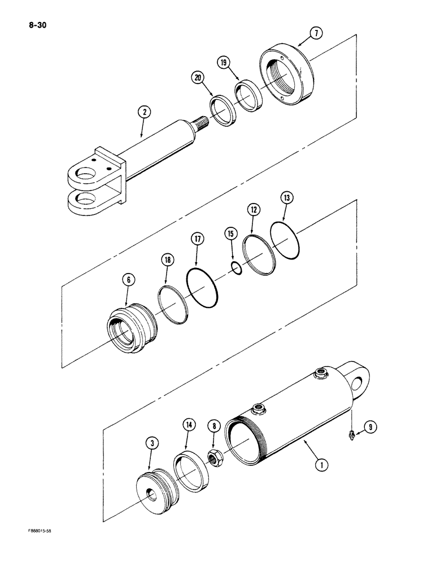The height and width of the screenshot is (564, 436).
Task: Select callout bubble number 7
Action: click(316, 34)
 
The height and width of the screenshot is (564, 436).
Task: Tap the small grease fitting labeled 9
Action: click(352, 433)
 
